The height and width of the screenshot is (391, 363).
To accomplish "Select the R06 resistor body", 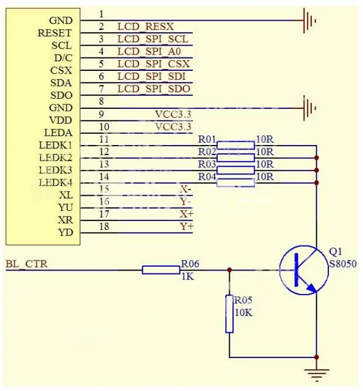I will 161,270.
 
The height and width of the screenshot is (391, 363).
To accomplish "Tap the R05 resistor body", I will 229,314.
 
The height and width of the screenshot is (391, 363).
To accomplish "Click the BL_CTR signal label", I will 26,264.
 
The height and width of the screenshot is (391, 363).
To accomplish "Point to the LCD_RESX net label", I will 146,26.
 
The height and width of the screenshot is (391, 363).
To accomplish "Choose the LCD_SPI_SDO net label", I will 154,89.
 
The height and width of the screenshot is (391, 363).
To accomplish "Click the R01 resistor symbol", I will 235,146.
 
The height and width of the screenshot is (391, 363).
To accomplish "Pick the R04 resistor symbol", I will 235,183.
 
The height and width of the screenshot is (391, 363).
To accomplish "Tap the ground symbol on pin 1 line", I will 308,21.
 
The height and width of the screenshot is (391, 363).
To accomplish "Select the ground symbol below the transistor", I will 317,374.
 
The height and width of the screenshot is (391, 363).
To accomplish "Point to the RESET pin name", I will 55,33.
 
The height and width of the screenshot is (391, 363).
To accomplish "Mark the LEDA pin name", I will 58,133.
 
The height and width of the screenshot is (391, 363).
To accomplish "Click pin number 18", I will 104,226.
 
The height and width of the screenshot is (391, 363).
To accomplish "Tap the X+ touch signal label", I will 186,214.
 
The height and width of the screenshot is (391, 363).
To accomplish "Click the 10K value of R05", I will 244,312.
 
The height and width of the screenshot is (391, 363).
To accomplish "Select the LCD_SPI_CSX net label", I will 154,64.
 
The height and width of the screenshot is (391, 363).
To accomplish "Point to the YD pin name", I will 65,233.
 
